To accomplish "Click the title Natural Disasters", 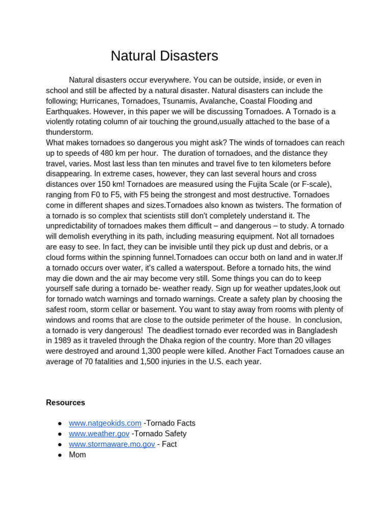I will pyautogui.click(x=164, y=56).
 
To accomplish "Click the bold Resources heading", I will pyautogui.click(x=65, y=402).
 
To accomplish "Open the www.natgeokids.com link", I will pyautogui.click(x=105, y=423).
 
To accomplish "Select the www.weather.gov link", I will pyautogui.click(x=99, y=433).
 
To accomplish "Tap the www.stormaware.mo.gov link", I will pyautogui.click(x=112, y=444).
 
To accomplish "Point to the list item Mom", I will pyautogui.click(x=77, y=455).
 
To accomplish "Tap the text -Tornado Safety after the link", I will pyautogui.click(x=159, y=433).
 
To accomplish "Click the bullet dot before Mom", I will pyautogui.click(x=60, y=455).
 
